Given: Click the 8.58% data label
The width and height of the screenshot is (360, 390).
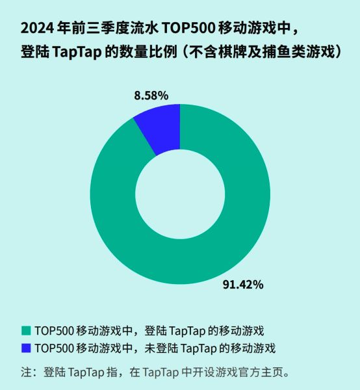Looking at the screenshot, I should [x=151, y=95].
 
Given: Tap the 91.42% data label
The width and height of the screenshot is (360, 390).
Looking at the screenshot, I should [x=242, y=284].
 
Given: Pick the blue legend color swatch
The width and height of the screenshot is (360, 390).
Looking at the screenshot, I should [x=26, y=347].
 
